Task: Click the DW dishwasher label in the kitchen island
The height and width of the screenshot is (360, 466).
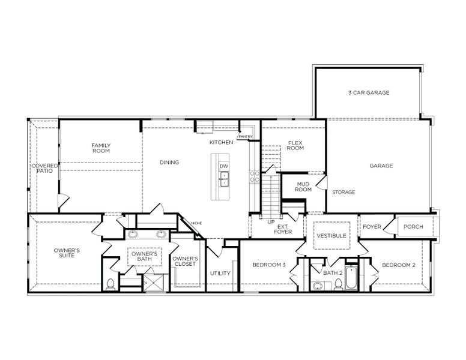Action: (223, 166)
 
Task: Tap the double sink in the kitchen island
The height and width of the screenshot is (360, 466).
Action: (223, 178)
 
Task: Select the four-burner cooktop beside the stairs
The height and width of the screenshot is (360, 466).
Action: (254, 177)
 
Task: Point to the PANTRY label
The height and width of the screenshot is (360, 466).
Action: (245, 137)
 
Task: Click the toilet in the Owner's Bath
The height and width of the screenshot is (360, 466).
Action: (110, 283)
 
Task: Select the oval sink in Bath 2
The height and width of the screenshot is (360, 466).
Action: (316, 286)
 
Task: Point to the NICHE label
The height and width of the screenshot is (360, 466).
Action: (196, 224)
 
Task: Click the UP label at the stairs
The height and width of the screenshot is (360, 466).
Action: (271, 222)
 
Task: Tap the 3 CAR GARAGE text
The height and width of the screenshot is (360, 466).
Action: (369, 93)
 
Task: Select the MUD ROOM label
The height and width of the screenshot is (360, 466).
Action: (303, 187)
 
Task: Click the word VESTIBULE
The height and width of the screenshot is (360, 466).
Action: (331, 236)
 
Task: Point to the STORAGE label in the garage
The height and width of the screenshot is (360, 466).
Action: (343, 192)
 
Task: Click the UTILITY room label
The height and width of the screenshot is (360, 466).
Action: (220, 274)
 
